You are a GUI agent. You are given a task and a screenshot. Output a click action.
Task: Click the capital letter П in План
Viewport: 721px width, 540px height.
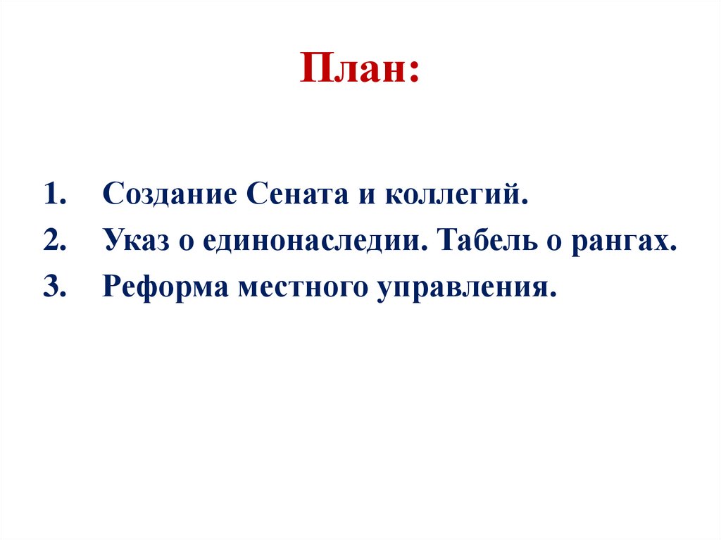pos(315,70)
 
